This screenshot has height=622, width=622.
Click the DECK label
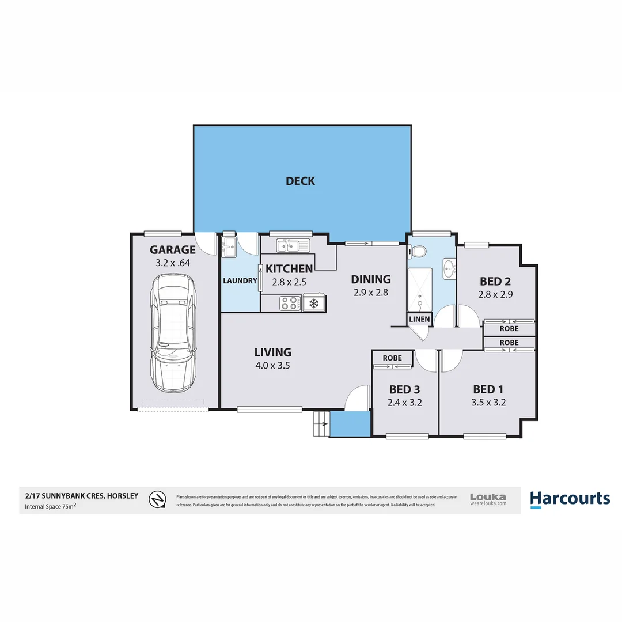click(300, 181)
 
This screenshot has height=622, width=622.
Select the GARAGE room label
click(173, 250)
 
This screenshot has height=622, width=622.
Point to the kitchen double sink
click(292, 246)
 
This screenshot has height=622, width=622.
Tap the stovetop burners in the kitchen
click(289, 302)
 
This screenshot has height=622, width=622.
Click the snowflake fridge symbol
click(314, 303)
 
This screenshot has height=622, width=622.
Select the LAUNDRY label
click(240, 281)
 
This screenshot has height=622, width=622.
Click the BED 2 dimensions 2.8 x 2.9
click(495, 294)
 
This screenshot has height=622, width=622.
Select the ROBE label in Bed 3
click(392, 358)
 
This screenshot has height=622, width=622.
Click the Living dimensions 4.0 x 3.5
click(273, 365)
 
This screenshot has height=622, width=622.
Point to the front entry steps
click(321, 424)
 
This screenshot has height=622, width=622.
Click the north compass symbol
click(156, 499)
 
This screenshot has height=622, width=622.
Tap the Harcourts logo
click(569, 499)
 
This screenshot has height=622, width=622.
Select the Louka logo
click(488, 499)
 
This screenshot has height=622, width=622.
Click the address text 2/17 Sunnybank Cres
click(81, 495)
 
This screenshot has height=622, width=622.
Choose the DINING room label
click(371, 279)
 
